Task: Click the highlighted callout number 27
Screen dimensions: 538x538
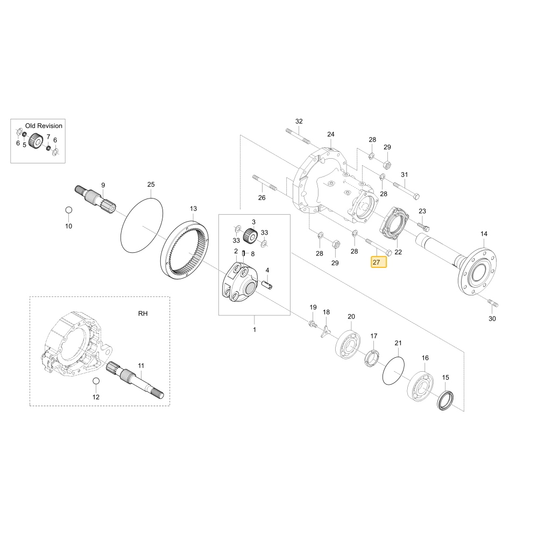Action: tap(379, 263)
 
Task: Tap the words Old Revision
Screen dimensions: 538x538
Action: tap(44, 126)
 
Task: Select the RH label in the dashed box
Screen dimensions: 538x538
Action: tap(143, 314)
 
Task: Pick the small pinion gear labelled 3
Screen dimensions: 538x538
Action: tap(250, 235)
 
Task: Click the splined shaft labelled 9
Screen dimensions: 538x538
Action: tap(96, 199)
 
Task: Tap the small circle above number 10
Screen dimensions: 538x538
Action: tap(69, 210)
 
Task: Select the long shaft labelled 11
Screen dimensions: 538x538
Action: tap(135, 380)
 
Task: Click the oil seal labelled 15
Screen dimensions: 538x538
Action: tap(445, 400)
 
